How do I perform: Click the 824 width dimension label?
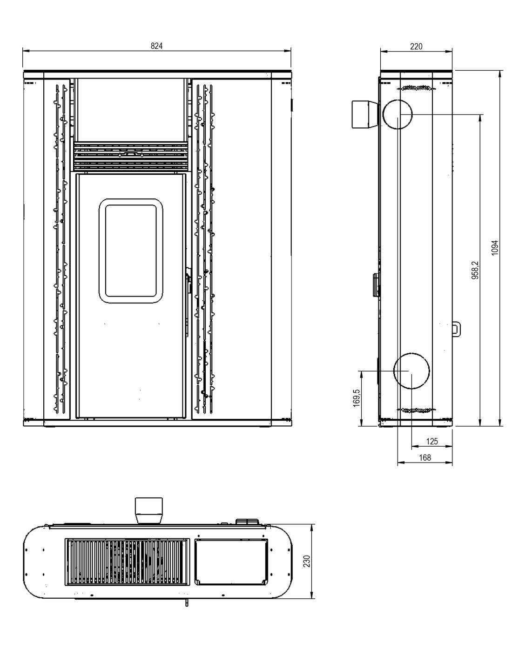[156, 46]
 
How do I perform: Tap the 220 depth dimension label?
[416, 46]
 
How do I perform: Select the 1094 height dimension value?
[495, 248]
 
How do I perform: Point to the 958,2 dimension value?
[476, 270]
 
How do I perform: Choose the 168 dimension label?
[425, 457]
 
